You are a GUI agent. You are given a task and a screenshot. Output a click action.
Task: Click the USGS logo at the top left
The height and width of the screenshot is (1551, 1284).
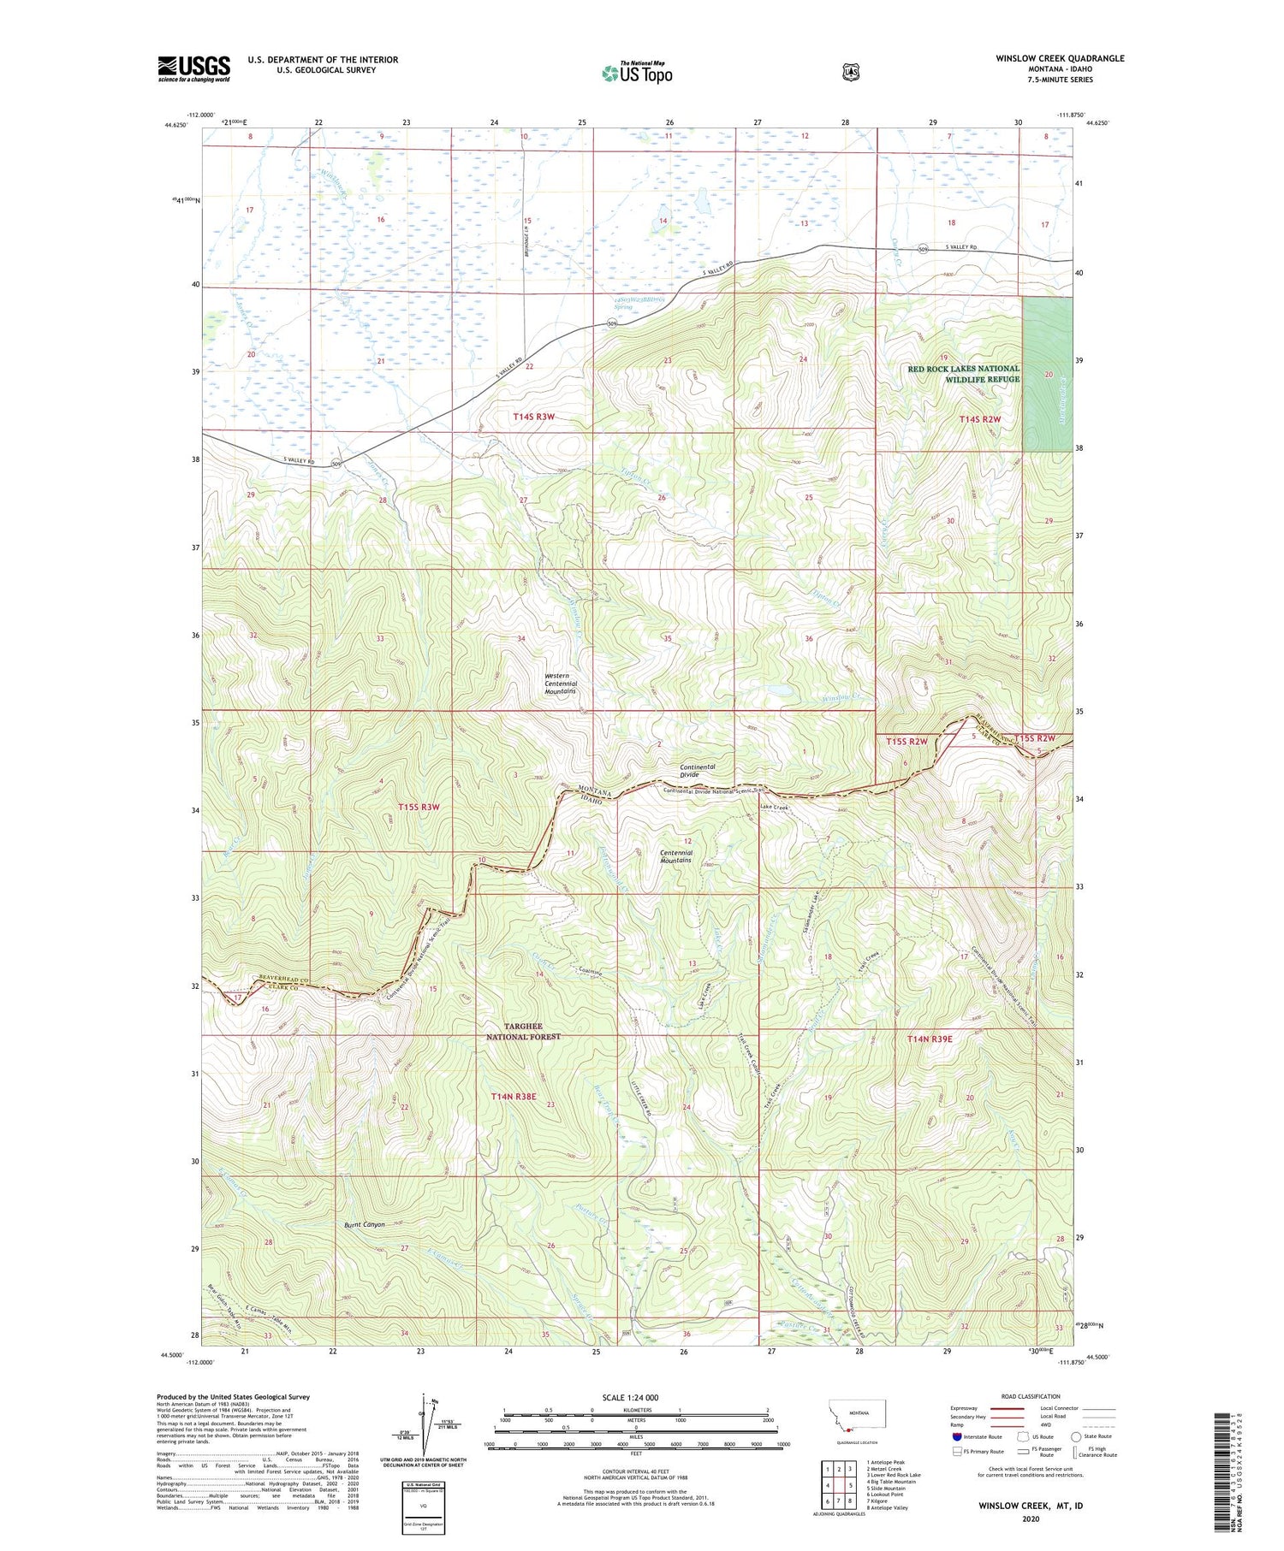[x=193, y=68]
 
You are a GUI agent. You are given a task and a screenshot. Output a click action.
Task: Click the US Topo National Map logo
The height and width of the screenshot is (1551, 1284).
[x=637, y=72]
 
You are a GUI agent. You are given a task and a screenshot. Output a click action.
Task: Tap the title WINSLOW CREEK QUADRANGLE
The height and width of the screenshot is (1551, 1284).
[x=1060, y=58]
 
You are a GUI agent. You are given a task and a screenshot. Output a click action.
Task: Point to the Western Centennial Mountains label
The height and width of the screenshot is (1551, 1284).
[x=561, y=684]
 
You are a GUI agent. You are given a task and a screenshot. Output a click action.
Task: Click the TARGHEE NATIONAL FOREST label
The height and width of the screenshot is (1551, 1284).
[x=523, y=1031]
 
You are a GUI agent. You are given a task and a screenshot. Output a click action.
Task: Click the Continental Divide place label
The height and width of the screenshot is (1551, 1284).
[x=697, y=771]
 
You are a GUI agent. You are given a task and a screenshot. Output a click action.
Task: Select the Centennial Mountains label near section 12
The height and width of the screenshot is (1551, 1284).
[x=675, y=855]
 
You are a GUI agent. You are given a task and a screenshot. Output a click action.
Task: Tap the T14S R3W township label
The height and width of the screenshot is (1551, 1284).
[x=534, y=417]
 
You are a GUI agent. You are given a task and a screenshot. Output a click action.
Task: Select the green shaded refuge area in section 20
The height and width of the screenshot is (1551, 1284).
[x=1047, y=376]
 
